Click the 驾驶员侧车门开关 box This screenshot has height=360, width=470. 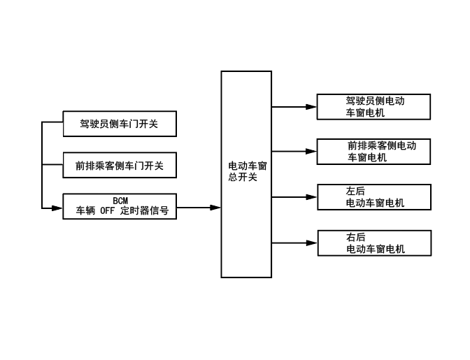(119, 124)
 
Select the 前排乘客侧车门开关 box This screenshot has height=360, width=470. (119, 166)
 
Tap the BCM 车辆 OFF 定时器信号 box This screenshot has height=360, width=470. (119, 206)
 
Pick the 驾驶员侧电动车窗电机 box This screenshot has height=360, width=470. (373, 106)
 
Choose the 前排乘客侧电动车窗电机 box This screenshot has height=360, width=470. (373, 151)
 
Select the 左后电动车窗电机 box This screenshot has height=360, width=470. (373, 197)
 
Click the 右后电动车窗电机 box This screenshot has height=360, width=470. (373, 243)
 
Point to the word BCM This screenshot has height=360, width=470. (120, 201)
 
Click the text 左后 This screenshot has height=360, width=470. (355, 192)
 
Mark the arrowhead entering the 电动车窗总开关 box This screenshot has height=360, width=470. (216, 208)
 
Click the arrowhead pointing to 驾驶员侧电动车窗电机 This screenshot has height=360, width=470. (312, 107)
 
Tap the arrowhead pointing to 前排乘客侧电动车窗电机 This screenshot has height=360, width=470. (312, 151)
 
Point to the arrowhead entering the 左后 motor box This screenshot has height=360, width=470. (312, 197)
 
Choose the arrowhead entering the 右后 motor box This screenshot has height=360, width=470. (312, 243)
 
